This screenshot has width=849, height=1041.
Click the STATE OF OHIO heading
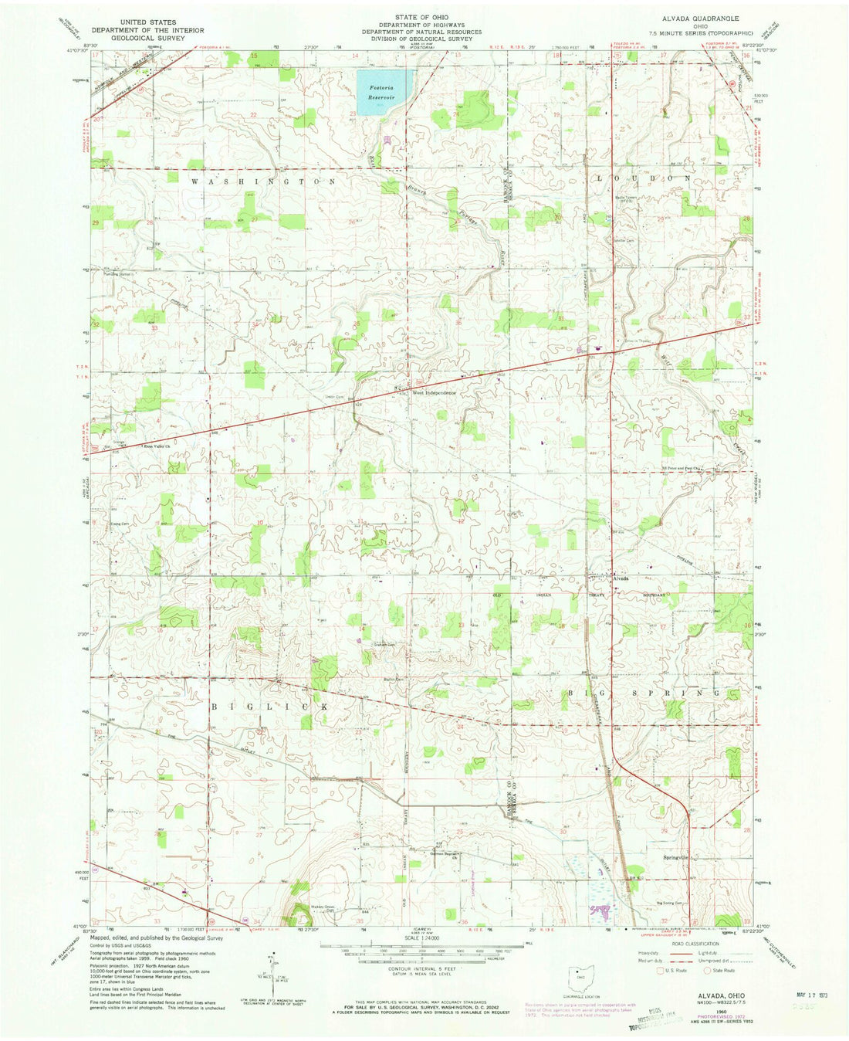tap(424, 16)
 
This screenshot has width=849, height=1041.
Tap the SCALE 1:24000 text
tap(424, 938)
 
